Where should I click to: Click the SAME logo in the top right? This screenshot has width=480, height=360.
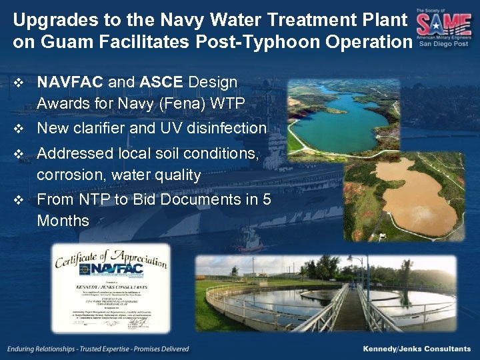(443, 26)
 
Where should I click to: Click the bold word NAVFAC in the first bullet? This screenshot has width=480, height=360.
(70, 83)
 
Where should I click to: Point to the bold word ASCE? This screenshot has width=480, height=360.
(162, 83)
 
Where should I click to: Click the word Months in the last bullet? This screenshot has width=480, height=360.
(63, 221)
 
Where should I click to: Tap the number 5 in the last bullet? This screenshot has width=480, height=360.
(266, 199)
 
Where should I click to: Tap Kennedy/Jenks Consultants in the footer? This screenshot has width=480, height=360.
(416, 349)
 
